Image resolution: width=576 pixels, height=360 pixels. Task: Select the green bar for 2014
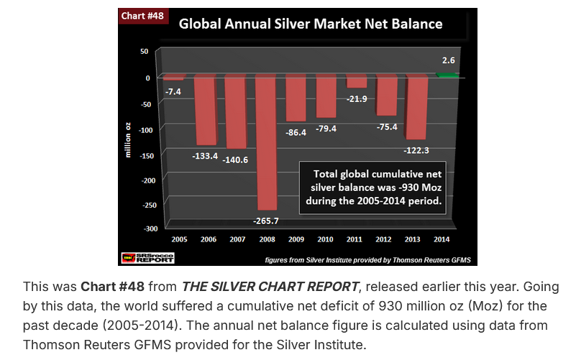447,75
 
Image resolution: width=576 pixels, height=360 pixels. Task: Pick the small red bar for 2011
357,81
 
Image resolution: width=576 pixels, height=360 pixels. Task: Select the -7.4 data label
173,91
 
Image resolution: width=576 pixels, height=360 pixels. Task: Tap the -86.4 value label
296,133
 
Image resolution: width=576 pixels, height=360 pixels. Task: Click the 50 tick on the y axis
145,51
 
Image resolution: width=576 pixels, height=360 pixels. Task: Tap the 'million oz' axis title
127,140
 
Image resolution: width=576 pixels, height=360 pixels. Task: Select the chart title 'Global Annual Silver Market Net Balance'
310,24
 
